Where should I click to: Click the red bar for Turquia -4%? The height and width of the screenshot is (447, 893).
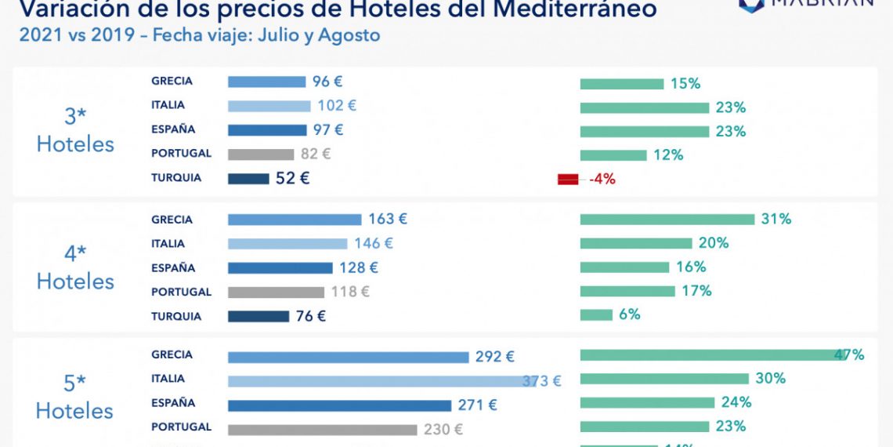[x=567, y=180]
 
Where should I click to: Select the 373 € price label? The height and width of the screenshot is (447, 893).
[x=542, y=381]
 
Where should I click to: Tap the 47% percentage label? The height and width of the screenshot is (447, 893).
[x=849, y=354]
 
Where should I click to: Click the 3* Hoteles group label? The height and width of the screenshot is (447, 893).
[x=75, y=131]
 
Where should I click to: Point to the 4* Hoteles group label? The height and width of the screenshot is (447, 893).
[x=75, y=267]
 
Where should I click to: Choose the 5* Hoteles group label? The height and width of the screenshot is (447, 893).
[x=75, y=397]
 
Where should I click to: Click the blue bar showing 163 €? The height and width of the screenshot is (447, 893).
[x=295, y=220]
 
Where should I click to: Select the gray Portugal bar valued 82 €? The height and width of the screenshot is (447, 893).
[x=261, y=154]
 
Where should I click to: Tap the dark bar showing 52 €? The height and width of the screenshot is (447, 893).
[x=248, y=179]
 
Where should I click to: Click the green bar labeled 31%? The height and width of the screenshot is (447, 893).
[x=667, y=220]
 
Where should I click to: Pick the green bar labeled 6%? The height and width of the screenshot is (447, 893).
[x=596, y=315]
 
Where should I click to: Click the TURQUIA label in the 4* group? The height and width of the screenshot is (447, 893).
[x=176, y=316]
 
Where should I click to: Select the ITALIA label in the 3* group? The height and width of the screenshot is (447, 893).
[x=168, y=105]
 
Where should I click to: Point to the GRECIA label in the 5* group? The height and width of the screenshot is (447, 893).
[x=172, y=354]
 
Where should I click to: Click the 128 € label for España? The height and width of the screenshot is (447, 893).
[x=359, y=267]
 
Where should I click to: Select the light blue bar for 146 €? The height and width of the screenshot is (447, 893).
[x=287, y=244]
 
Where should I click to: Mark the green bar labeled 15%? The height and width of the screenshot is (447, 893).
[x=622, y=84]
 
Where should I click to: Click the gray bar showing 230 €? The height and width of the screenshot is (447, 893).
[x=322, y=430]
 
